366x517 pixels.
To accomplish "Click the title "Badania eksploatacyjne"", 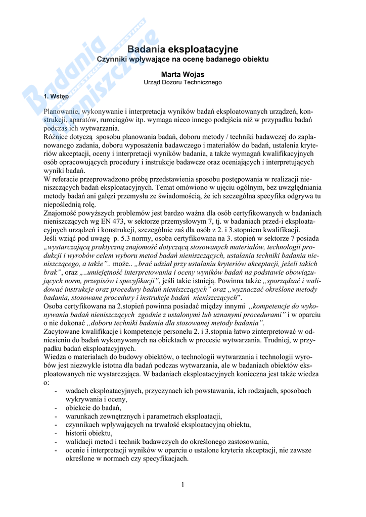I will coord(182,49).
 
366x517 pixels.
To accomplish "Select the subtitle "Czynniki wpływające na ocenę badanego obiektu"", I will coord(182,59).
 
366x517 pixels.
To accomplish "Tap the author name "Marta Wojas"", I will coord(182,74).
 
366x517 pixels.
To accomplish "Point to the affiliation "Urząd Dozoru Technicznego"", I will coord(182,82).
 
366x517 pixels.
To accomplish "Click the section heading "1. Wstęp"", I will coord(57,95).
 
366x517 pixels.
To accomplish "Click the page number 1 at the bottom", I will coord(182,485).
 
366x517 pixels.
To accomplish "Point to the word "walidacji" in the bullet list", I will coord(79,441).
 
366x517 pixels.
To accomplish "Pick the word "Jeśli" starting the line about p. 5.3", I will coord(52,239).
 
